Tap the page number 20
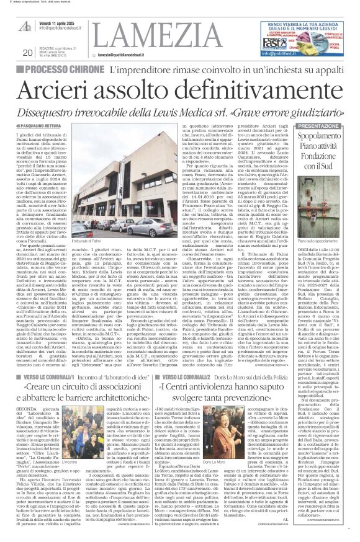click(27, 53)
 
